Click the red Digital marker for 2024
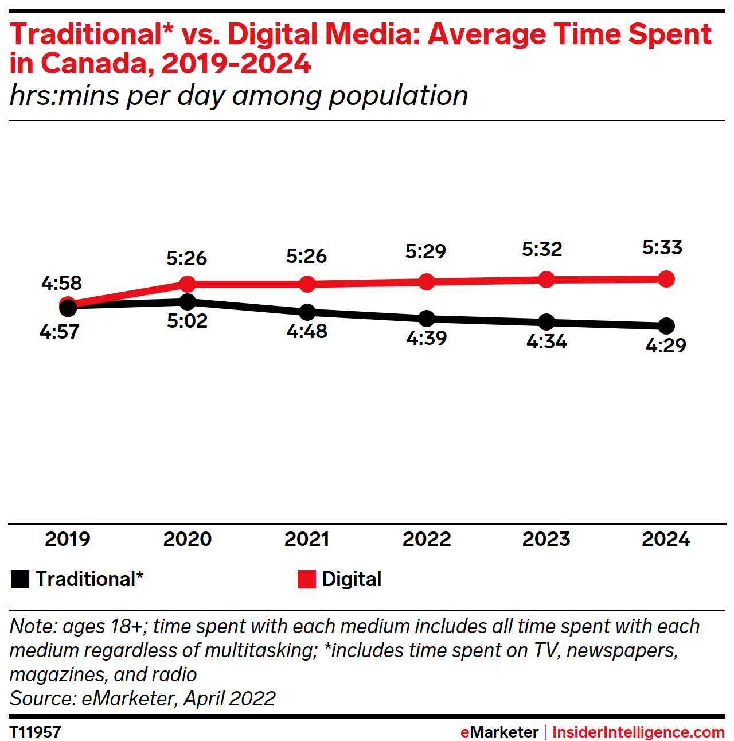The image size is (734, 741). [666, 279]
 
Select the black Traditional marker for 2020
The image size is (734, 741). [188, 301]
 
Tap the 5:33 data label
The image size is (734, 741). [662, 247]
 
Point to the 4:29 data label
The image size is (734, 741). [666, 345]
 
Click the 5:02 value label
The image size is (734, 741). [188, 321]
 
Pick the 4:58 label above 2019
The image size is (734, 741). [61, 282]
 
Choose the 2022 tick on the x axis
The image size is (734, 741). [427, 539]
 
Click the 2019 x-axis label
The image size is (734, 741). [68, 539]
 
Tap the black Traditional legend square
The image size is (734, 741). [20, 579]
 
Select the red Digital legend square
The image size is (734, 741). [307, 579]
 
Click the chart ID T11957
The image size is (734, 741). [36, 732]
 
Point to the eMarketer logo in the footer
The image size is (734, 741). [499, 732]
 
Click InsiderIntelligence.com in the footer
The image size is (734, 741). [638, 732]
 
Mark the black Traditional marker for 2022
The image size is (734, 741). [427, 318]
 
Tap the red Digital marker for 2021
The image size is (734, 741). [307, 284]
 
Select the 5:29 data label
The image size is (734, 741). [425, 251]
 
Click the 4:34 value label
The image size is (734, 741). [546, 342]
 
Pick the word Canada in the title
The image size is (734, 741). [97, 64]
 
